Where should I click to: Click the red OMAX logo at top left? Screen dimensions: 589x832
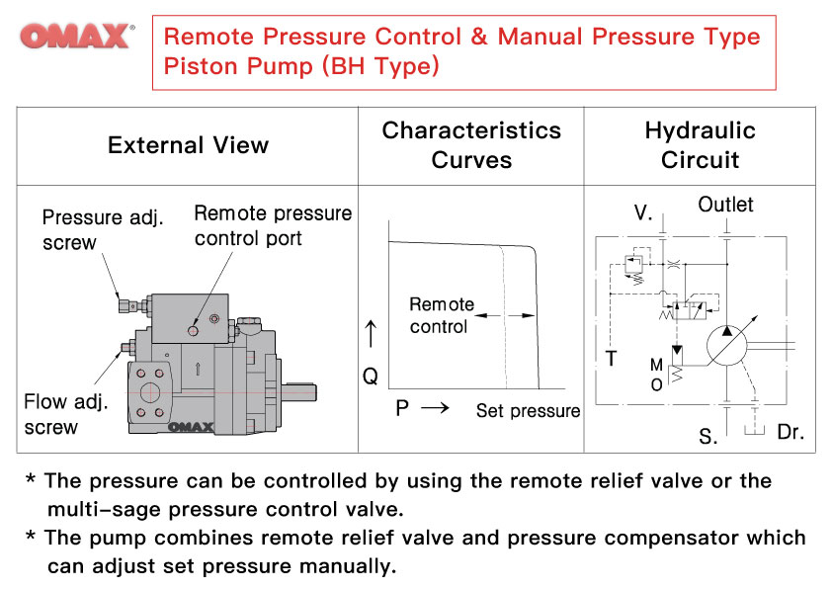(76, 37)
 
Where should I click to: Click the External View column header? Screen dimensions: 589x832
(188, 145)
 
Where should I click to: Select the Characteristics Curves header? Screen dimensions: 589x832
(471, 145)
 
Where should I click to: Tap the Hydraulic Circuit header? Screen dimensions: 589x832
(700, 145)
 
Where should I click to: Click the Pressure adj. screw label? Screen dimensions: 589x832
(103, 229)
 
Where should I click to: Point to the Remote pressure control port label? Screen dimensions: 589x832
(273, 226)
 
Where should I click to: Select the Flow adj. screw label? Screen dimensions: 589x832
(65, 414)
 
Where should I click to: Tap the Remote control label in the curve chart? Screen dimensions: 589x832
(442, 315)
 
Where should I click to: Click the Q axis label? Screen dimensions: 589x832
(371, 376)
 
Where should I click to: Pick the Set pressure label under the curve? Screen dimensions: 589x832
(528, 411)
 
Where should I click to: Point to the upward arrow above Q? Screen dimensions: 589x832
(371, 334)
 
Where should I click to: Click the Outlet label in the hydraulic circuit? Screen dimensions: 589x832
(725, 205)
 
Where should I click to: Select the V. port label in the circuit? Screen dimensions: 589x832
(642, 212)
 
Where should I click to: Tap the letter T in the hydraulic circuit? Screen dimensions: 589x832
(611, 359)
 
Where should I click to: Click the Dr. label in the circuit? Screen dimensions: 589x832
(790, 432)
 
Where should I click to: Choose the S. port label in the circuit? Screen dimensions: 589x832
(707, 436)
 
